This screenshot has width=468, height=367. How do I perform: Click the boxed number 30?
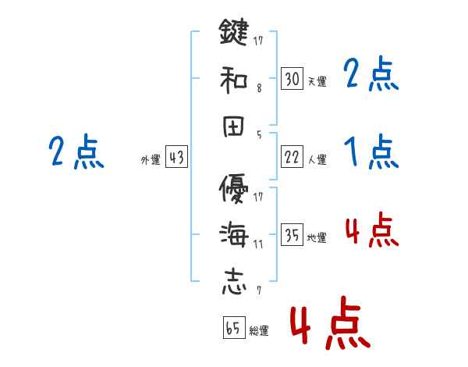(292, 78)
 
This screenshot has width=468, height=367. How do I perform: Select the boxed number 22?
(292, 157)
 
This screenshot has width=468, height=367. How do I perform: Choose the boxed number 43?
(176, 157)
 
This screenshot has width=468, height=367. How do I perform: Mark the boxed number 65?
(232, 327)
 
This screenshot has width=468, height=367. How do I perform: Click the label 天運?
(317, 81)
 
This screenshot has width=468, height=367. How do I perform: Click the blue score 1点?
(370, 151)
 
